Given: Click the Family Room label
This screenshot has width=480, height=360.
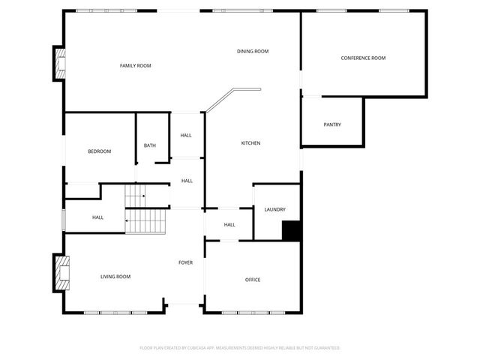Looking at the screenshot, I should pos(136,66).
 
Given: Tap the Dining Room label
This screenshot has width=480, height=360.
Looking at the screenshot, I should pos(253,51).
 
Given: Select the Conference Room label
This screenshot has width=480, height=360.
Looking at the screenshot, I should pos(363,58).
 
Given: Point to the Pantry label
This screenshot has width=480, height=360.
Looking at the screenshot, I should pos(332,124).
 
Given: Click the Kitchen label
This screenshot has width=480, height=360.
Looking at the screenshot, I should pos(250,143).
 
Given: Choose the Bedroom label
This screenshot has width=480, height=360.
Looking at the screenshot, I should pos(99,151).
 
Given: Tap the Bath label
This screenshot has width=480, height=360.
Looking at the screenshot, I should pos(150,145).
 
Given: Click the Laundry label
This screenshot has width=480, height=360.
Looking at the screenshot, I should pos(274,209).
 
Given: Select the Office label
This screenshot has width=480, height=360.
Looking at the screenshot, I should pos(253,280).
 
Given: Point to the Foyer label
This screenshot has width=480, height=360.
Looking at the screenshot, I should pos(185,262).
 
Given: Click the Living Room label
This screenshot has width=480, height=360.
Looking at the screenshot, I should pos(115,277).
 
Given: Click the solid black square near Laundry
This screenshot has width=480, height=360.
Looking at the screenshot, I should pos(291,231).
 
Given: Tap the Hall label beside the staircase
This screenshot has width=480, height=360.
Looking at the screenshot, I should pos(98,217).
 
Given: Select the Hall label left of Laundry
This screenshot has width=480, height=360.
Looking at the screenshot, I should pos(229,224).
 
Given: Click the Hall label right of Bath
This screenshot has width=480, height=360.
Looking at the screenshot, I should pos(186,136).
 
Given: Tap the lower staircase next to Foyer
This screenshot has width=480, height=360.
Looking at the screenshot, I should pos(145,220).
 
